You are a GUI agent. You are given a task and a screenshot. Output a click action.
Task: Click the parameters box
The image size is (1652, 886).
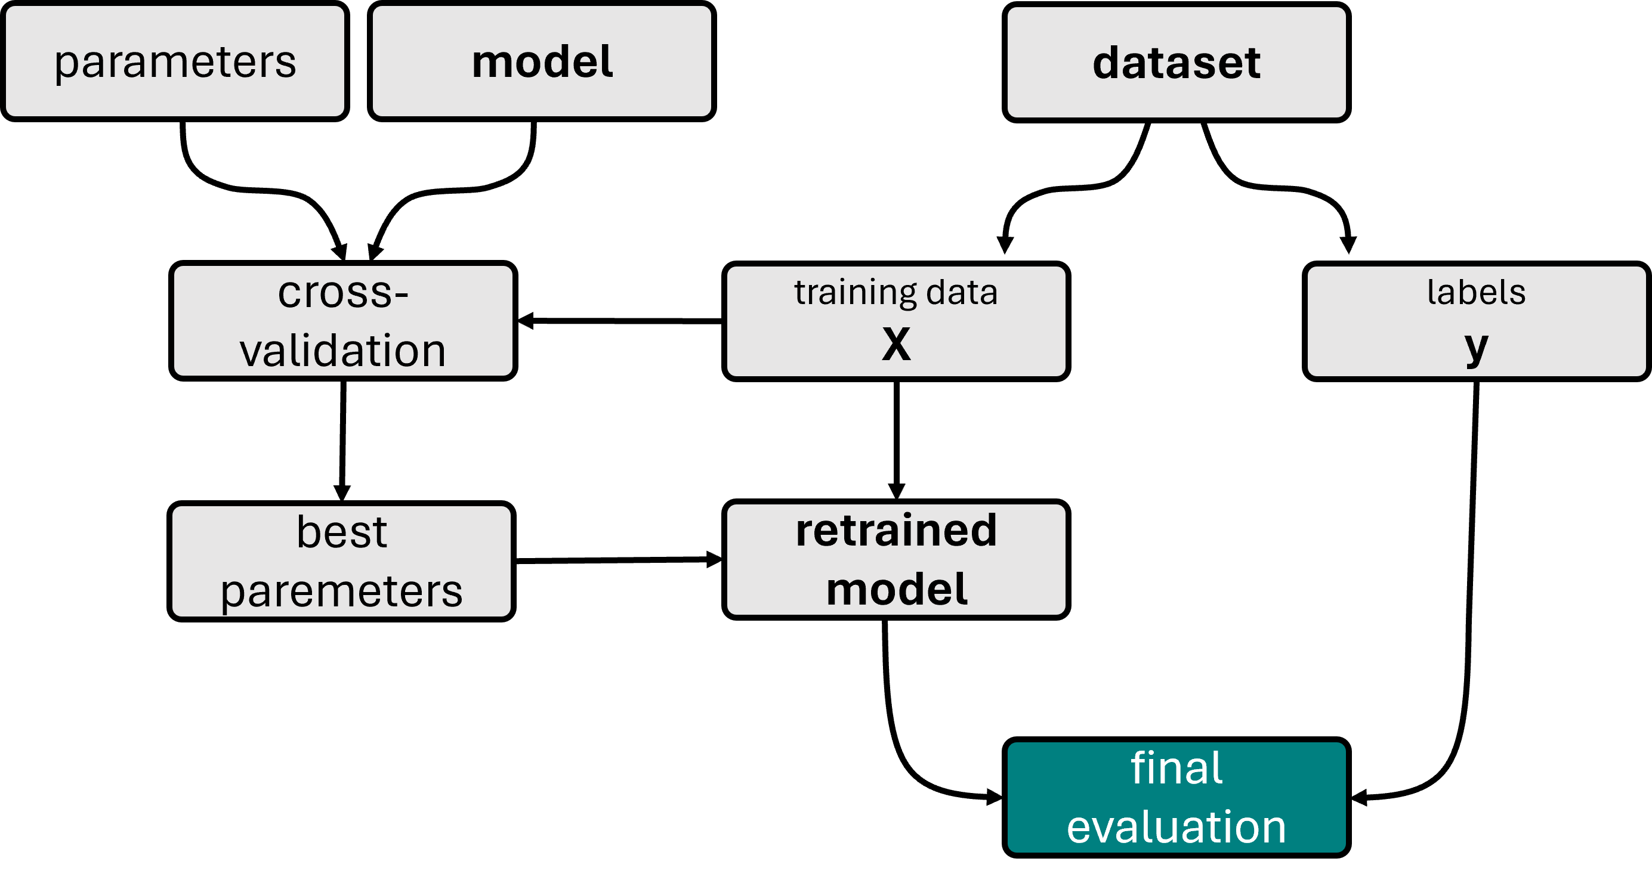[174, 61]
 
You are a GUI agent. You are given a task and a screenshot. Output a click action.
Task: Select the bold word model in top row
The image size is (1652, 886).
[542, 62]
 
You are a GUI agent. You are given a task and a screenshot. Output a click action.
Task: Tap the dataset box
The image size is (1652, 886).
[1176, 63]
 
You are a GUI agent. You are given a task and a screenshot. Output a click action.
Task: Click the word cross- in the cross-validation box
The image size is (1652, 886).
[343, 293]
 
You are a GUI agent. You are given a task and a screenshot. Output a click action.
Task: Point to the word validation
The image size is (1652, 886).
[343, 351]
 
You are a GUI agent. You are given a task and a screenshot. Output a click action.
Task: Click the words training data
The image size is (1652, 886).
[896, 292]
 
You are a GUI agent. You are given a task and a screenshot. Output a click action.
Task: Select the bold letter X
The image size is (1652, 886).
[896, 344]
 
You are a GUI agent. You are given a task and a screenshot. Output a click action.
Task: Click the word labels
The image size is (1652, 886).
[1476, 292]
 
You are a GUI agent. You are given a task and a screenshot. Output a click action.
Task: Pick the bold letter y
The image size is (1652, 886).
[1476, 347]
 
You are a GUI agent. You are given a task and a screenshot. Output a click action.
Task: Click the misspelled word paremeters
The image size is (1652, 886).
[341, 591]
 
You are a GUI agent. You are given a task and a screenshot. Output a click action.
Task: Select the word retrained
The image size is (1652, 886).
[896, 531]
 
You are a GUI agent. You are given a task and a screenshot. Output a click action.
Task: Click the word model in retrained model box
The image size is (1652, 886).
[896, 589]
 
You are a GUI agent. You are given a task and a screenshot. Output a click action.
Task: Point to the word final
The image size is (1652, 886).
[1176, 768]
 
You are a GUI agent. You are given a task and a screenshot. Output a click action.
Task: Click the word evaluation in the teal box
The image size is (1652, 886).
[1176, 827]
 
